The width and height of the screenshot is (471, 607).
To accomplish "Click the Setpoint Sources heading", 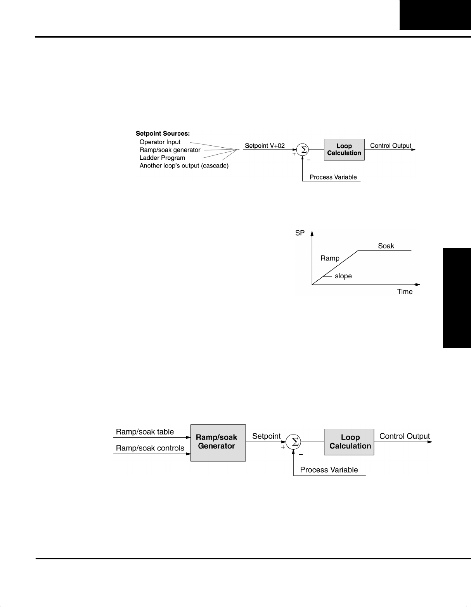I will tap(163, 134).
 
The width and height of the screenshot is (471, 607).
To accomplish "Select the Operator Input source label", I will tap(160, 142).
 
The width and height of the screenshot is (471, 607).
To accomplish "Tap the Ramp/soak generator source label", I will tap(170, 150).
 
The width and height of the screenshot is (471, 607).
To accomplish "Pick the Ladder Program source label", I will tap(162, 158).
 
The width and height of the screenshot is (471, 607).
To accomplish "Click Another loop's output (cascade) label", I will tap(184, 166).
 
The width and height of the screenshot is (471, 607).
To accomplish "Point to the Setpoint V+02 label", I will tap(265, 146).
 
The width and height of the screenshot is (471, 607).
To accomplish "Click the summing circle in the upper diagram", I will tap(303, 150).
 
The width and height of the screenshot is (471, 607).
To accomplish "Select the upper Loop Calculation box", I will tap(344, 150).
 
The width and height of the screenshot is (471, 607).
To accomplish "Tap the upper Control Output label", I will tap(391, 146).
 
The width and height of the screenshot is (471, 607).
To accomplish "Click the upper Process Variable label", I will tap(333, 177).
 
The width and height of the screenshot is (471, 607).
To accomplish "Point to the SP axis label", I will tap(300, 233).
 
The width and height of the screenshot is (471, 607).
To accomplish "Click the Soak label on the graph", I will tap(386, 246).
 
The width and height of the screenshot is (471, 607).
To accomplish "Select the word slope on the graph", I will tap(343, 276).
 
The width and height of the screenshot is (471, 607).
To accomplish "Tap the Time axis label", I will tap(405, 292).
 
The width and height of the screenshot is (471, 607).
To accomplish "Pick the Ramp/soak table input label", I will tap(145, 432).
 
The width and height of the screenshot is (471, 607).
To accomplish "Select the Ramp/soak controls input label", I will tap(150, 448).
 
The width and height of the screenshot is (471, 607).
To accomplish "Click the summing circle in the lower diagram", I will tap(294, 442).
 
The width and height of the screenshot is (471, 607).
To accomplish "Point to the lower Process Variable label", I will tap(329, 470).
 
